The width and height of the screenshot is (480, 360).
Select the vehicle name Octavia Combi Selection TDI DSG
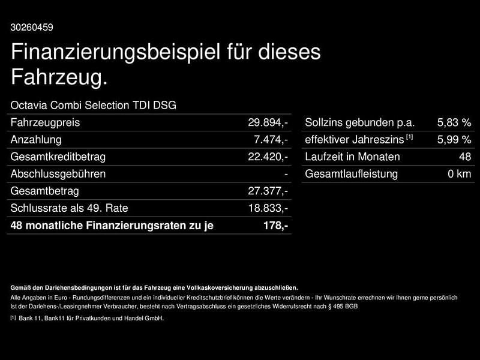click(94, 106)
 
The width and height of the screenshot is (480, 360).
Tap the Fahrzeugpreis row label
click(45, 122)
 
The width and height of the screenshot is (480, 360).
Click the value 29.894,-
click(268, 122)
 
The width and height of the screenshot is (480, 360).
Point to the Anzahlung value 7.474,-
click(271, 140)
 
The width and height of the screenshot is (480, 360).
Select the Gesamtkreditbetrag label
click(58, 157)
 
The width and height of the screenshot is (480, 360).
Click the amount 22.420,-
click(268, 157)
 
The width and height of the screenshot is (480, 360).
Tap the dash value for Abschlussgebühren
click(286, 174)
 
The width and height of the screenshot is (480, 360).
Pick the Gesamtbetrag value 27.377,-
click(268, 191)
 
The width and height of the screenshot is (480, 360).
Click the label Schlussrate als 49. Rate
click(69, 208)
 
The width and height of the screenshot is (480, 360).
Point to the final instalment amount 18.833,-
click(268, 208)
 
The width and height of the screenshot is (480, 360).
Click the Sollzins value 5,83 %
click(454, 122)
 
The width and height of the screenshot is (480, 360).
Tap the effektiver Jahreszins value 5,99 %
click(454, 140)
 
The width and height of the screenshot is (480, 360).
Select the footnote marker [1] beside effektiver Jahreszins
click(409, 137)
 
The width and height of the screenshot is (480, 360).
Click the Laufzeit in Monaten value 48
click(464, 157)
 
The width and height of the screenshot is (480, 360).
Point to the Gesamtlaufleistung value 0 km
click(460, 174)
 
